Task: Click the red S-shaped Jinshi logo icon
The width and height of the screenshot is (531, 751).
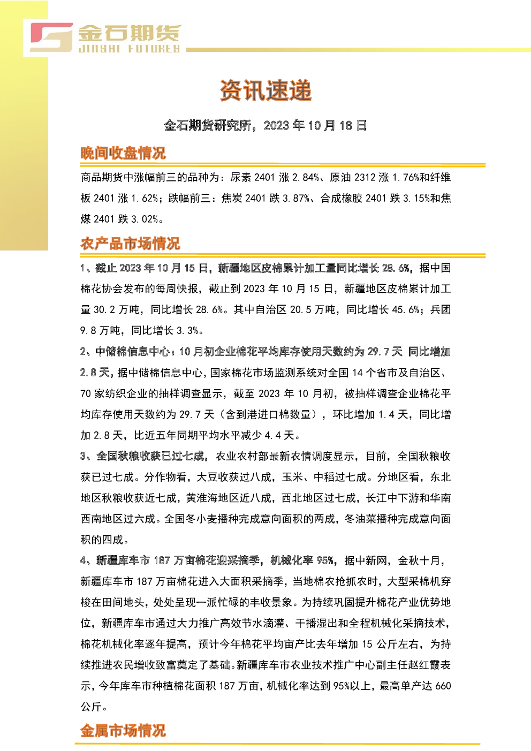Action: click(x=51, y=37)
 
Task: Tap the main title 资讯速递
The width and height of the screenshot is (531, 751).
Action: click(x=265, y=90)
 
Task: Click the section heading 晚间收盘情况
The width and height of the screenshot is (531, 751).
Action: click(x=123, y=153)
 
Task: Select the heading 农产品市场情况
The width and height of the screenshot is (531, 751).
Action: click(x=131, y=244)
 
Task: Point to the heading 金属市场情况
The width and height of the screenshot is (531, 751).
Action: click(x=123, y=730)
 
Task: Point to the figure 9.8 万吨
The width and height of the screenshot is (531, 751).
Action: click(x=100, y=331)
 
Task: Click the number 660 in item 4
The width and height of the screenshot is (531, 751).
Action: click(x=443, y=686)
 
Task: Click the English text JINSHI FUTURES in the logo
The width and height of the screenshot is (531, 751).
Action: click(x=130, y=49)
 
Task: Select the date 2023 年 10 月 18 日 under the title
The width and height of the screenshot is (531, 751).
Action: click(x=315, y=125)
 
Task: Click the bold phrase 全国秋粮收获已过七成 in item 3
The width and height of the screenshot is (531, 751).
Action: click(x=150, y=456)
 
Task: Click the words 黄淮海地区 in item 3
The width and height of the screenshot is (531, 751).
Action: click(x=213, y=498)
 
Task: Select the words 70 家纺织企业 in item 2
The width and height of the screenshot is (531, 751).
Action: click(x=114, y=393)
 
